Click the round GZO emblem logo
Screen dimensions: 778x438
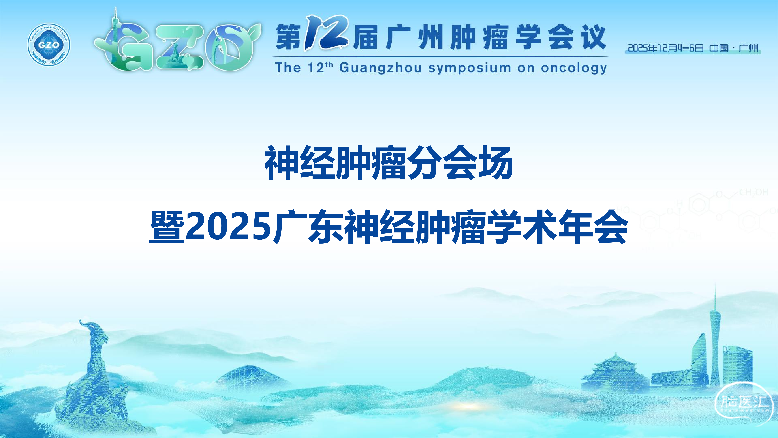49,45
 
